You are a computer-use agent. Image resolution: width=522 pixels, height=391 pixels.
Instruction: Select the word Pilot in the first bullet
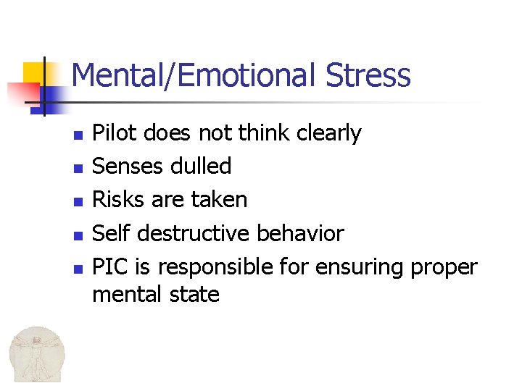[116, 133]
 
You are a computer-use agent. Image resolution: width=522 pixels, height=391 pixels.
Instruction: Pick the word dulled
[201, 167]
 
